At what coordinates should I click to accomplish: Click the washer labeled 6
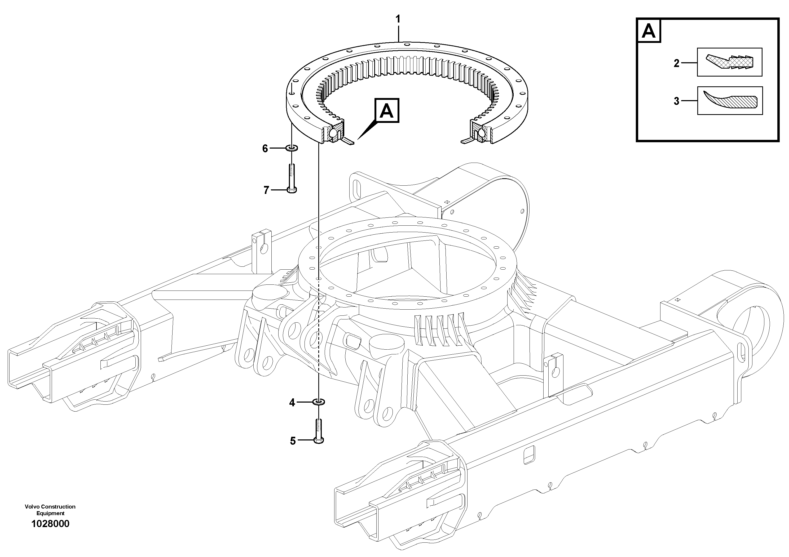pos(292,148)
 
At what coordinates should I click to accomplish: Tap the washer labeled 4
pos(319,402)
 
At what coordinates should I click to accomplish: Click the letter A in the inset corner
pos(649,31)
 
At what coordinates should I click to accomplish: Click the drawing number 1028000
pos(50,524)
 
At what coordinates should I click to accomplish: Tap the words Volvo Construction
pos(50,506)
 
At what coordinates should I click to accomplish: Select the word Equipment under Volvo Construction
pos(50,513)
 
